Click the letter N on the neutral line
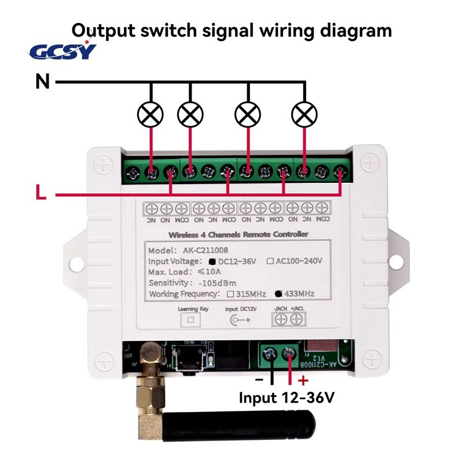(x=42, y=82)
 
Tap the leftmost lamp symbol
(x=152, y=115)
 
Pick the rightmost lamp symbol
(x=305, y=115)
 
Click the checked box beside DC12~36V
(x=221, y=262)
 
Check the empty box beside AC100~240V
(x=270, y=262)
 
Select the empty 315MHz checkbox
(x=230, y=294)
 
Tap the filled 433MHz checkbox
(x=279, y=294)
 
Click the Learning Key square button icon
(x=188, y=319)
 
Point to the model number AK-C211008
(x=201, y=251)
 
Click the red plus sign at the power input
(x=302, y=380)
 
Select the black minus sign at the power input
(x=259, y=380)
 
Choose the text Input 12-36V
(x=286, y=398)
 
